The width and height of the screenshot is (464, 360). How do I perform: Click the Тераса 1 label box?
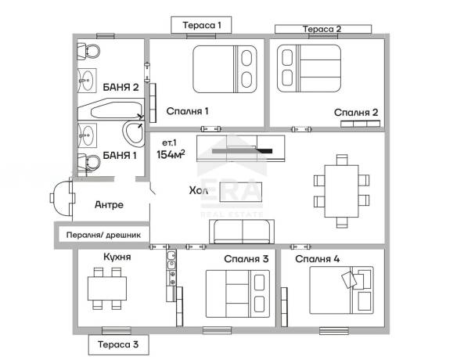201,25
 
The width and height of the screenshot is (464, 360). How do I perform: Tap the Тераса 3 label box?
118,344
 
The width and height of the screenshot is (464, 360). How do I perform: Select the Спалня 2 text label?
356,113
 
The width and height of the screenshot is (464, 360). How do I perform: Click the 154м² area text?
171,154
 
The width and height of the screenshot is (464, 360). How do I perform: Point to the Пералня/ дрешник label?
103,236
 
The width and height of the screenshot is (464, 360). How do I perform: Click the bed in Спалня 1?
225,69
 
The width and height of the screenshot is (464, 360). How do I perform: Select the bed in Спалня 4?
341,290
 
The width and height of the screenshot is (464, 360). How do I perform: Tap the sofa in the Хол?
242,232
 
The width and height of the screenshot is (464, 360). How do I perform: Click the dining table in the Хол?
341,191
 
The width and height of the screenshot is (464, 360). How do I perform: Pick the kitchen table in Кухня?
107,288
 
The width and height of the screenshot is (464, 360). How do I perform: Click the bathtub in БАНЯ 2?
111,110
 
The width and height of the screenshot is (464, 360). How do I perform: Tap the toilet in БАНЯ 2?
88,51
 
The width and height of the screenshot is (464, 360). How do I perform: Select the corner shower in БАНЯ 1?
134,134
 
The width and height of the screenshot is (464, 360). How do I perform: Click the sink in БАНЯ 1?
87,135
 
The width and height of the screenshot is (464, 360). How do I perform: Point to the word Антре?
109,204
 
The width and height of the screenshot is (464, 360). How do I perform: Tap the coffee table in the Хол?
240,192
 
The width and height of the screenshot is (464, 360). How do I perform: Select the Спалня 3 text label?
246,259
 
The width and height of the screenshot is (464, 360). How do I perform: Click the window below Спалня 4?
334,331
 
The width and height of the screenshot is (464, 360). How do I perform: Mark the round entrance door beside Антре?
62,197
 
